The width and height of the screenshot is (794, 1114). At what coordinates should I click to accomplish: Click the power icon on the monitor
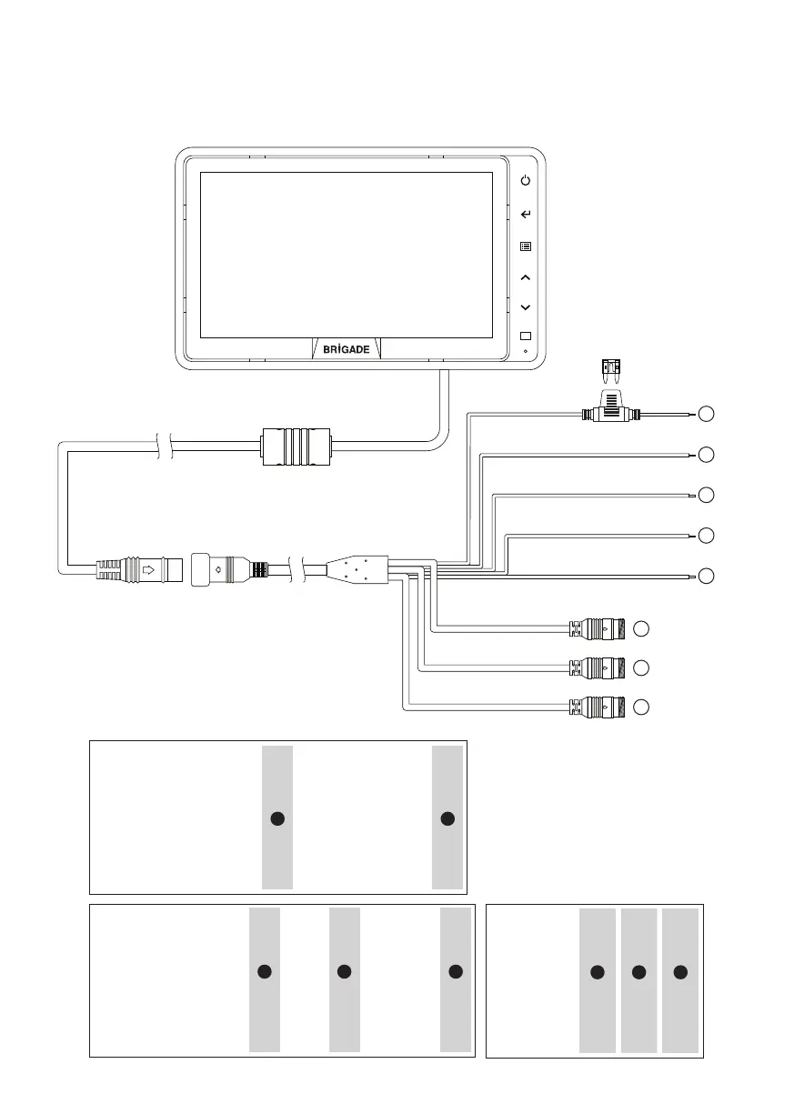click(x=525, y=181)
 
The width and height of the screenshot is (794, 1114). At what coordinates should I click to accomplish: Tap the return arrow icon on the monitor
click(x=525, y=215)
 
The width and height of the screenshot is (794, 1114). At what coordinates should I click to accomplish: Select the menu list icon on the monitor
click(x=525, y=246)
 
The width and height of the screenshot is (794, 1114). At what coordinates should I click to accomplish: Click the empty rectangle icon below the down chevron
click(x=525, y=336)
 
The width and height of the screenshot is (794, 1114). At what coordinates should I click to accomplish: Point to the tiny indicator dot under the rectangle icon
click(x=526, y=351)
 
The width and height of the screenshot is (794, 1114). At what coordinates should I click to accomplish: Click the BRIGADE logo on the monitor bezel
click(x=347, y=350)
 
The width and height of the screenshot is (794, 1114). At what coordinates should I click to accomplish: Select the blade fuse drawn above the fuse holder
click(x=610, y=369)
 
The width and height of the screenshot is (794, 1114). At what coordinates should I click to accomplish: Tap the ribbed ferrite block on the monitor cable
click(x=295, y=446)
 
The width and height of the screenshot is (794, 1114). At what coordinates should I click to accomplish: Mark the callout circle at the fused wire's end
click(x=706, y=416)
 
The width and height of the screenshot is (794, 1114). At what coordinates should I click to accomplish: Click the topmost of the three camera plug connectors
click(x=596, y=627)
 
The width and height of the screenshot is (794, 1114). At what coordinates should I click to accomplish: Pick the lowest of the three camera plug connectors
click(x=596, y=706)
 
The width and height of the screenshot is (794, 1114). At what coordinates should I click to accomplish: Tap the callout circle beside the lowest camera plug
click(x=641, y=707)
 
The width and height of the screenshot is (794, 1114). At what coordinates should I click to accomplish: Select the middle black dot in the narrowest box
click(x=638, y=972)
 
